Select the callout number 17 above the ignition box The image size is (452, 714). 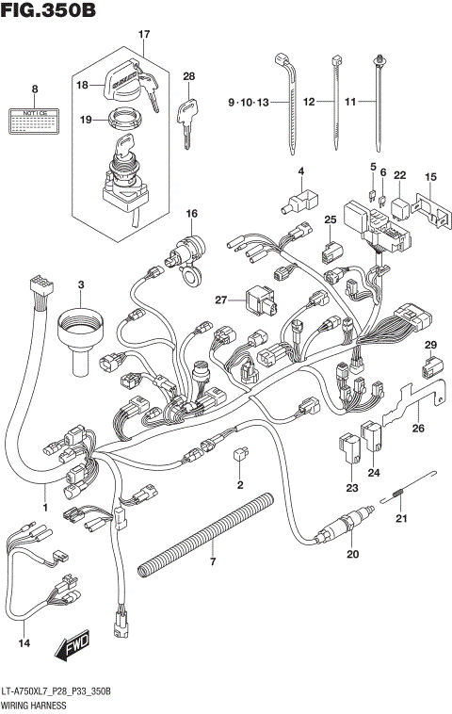144,35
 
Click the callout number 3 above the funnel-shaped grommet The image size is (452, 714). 80,284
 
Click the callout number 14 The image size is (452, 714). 24,643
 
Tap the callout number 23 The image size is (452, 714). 351,487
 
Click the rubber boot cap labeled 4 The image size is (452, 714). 299,201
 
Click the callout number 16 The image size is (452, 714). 191,214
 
